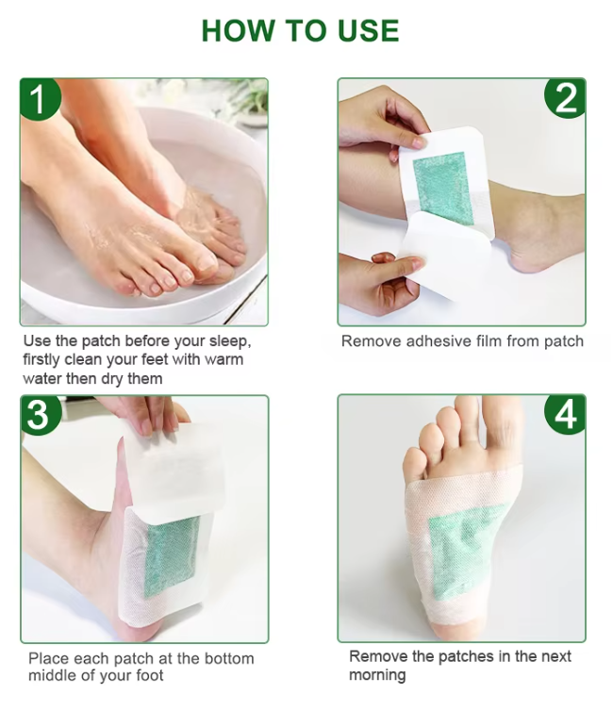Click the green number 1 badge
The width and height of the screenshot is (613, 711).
coord(40,98)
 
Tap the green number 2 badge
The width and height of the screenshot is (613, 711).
coord(566,98)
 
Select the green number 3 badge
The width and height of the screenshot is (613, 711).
coord(40,415)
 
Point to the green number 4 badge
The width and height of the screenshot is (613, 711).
coord(566,414)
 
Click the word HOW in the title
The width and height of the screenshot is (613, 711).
coord(238,31)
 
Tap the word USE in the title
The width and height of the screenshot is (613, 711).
coord(368,31)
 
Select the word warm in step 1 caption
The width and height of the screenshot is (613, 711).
coord(224,359)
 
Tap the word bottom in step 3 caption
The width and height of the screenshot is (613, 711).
coord(229,658)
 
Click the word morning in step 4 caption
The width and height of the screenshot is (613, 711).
coord(377,675)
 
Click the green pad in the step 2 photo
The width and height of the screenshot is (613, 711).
coord(443,189)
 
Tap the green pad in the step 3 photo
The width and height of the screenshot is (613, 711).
coord(172,556)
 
